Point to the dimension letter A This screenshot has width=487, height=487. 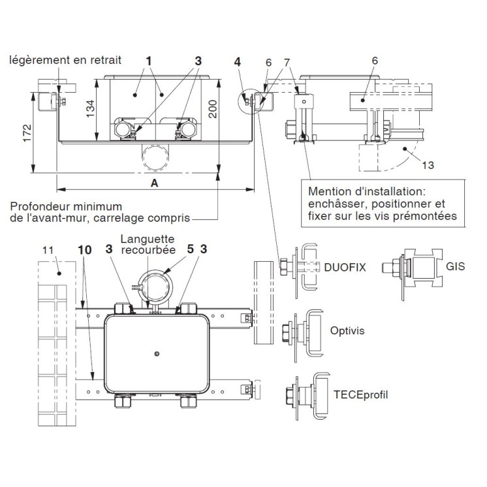tap(155, 183)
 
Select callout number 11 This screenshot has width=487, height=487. tap(48, 249)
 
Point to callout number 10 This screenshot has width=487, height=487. tap(84, 249)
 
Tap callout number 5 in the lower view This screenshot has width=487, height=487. tap(190, 249)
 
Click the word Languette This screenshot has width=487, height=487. tap(146, 239)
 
